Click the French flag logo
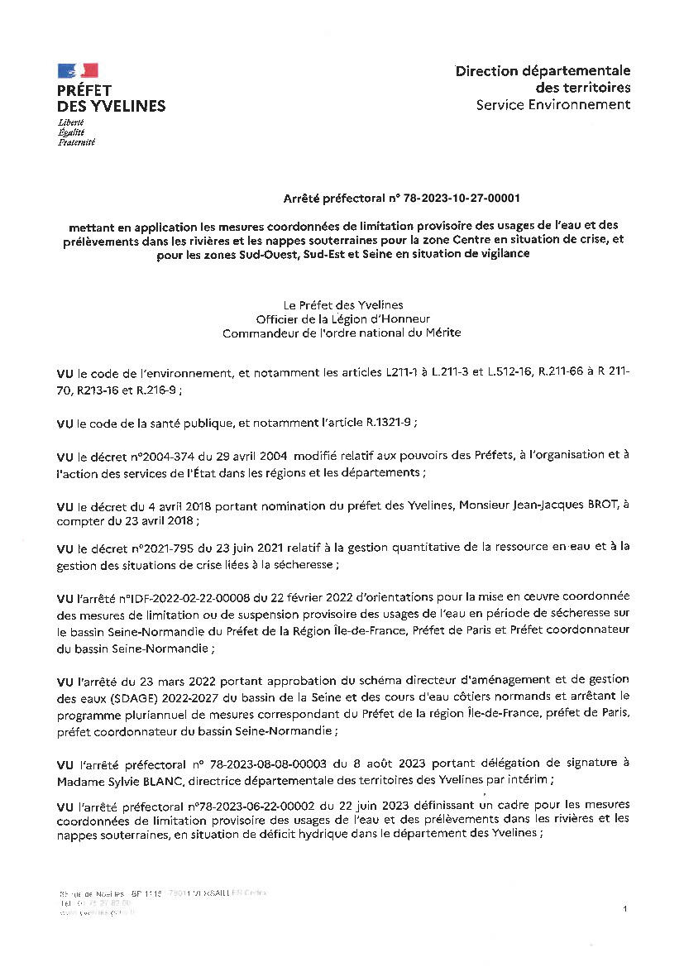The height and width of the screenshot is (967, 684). coord(78,70)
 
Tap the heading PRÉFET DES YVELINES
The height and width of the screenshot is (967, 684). coord(111,98)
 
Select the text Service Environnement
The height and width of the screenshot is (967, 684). coord(552,104)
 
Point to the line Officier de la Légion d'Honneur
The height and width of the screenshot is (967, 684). coord(342,318)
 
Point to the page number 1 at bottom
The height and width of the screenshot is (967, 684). coord(626,909)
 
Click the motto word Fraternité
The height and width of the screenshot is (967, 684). coord(76,142)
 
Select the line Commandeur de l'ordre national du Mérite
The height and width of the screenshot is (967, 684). coord(342,333)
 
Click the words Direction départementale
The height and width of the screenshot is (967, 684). coord(543,71)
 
